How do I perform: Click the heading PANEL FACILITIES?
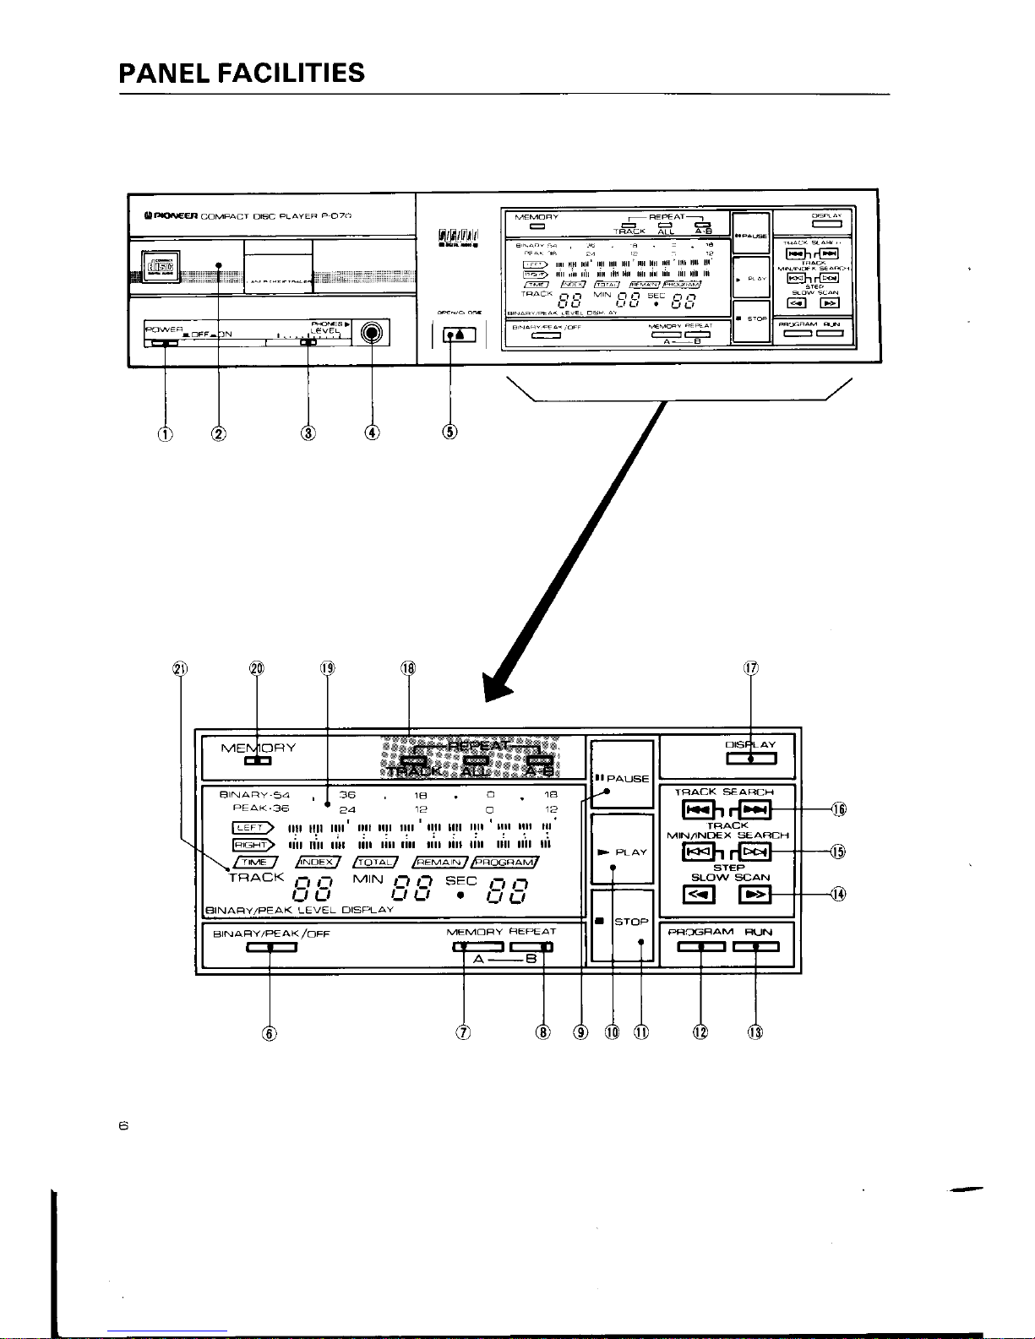point(242,73)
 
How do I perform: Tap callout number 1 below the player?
point(166,433)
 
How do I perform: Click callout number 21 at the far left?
point(179,669)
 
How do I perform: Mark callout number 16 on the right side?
point(840,809)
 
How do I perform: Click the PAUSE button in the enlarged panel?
point(622,769)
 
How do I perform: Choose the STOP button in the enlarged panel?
point(623,925)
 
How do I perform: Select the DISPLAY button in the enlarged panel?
point(751,758)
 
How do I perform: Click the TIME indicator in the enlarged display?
point(253,862)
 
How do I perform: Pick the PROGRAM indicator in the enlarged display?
point(505,862)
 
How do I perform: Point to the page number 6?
point(123,1125)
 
